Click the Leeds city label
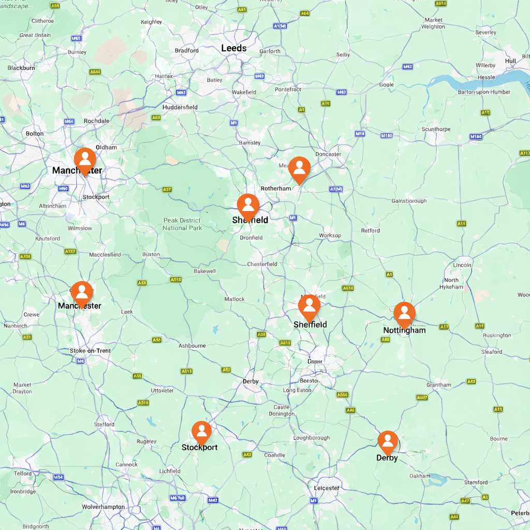pyautogui.click(x=233, y=48)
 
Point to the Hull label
pyautogui.click(x=510, y=61)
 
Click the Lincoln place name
pyautogui.click(x=462, y=265)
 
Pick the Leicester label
pyautogui.click(x=327, y=488)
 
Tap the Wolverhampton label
pyautogui.click(x=104, y=507)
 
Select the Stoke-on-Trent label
pyautogui.click(x=90, y=351)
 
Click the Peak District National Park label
pyautogui.click(x=182, y=224)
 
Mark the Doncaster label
pyautogui.click(x=328, y=154)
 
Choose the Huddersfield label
pyautogui.click(x=180, y=107)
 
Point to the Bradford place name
pyautogui.click(x=186, y=51)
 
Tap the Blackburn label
pyautogui.click(x=21, y=68)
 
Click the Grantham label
pyautogui.click(x=438, y=385)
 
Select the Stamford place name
pyautogui.click(x=476, y=482)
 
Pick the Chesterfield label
pyautogui.click(x=262, y=264)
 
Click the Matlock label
pyautogui.click(x=234, y=299)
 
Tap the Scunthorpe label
pyautogui.click(x=436, y=129)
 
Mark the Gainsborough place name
pyautogui.click(x=409, y=201)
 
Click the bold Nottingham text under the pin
pyautogui.click(x=404, y=330)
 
